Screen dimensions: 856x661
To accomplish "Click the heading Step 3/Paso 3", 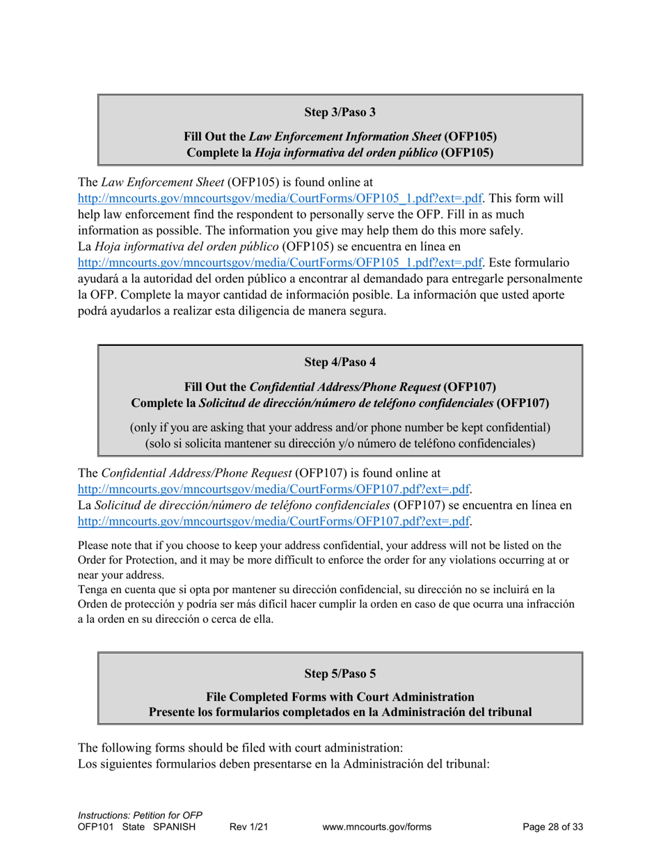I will pyautogui.click(x=340, y=112).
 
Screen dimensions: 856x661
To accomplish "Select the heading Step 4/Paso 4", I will pyautogui.click(x=340, y=362).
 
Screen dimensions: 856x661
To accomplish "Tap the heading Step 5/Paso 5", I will pyautogui.click(x=340, y=674).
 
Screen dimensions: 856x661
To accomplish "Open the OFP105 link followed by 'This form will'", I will pyautogui.click(x=280, y=198).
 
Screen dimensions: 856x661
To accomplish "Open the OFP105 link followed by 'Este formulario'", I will pyautogui.click(x=280, y=262).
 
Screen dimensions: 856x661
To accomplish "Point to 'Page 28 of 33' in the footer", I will pyautogui.click(x=552, y=827).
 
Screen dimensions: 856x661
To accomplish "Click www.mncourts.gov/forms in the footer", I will pyautogui.click(x=376, y=827).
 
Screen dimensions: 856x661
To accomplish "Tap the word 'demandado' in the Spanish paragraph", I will pyautogui.click(x=406, y=278).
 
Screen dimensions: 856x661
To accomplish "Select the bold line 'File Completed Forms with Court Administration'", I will pyautogui.click(x=340, y=697).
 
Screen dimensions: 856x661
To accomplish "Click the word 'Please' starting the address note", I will pyautogui.click(x=94, y=546).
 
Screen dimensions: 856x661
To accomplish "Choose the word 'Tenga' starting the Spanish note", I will pyautogui.click(x=93, y=589).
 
